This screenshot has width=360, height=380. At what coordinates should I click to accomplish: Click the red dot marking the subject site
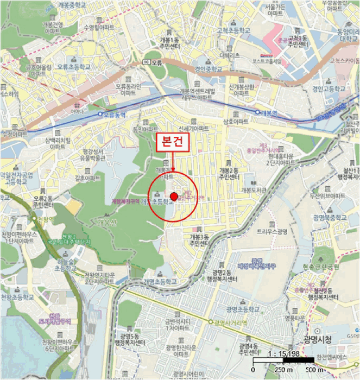pyautogui.click(x=174, y=196)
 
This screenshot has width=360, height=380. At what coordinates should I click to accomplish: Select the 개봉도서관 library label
pyautogui.click(x=254, y=191)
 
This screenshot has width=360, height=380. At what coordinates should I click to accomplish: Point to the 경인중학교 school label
pyautogui.click(x=209, y=69)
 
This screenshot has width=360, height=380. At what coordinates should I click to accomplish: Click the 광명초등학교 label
pyautogui.click(x=242, y=308)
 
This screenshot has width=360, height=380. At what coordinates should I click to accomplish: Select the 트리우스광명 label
pyautogui.click(x=272, y=231)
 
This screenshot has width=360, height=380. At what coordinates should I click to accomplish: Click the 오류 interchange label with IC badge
pyautogui.click(x=153, y=62)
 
